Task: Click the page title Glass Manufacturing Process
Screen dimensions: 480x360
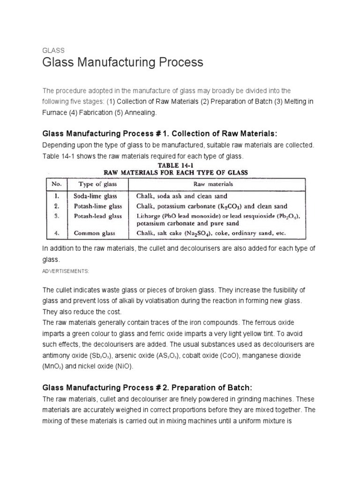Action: coord(123,62)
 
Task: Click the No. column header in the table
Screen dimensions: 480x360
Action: coord(56,184)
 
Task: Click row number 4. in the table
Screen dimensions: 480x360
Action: coord(56,232)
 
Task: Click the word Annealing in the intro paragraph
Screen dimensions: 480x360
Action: coord(134,113)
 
